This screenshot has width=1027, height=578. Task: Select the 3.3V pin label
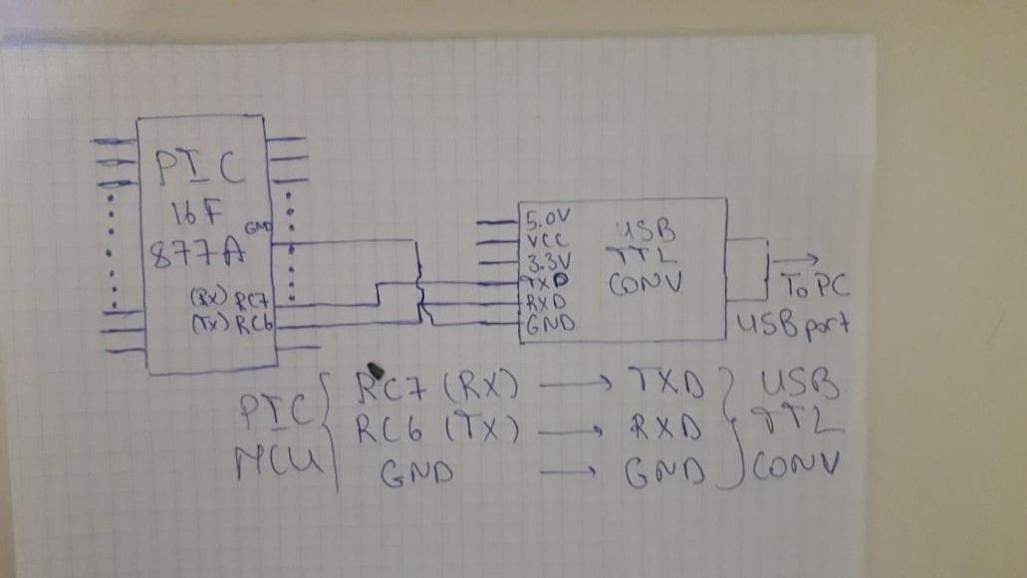[547, 264]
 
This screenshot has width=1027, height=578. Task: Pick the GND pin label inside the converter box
[547, 323]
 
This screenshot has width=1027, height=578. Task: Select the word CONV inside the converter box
[644, 283]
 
